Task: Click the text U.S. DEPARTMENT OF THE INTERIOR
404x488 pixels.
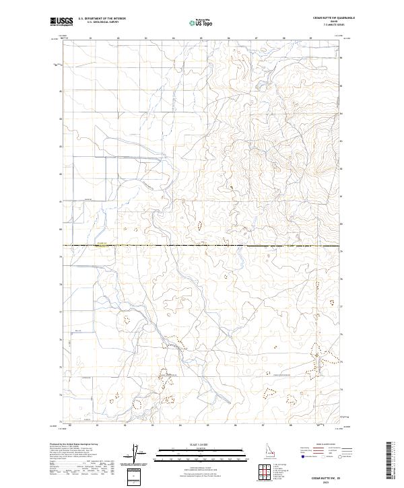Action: tap(102, 19)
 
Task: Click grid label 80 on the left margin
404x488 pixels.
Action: tap(61, 230)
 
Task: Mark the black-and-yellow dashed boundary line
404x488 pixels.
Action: tap(202, 246)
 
